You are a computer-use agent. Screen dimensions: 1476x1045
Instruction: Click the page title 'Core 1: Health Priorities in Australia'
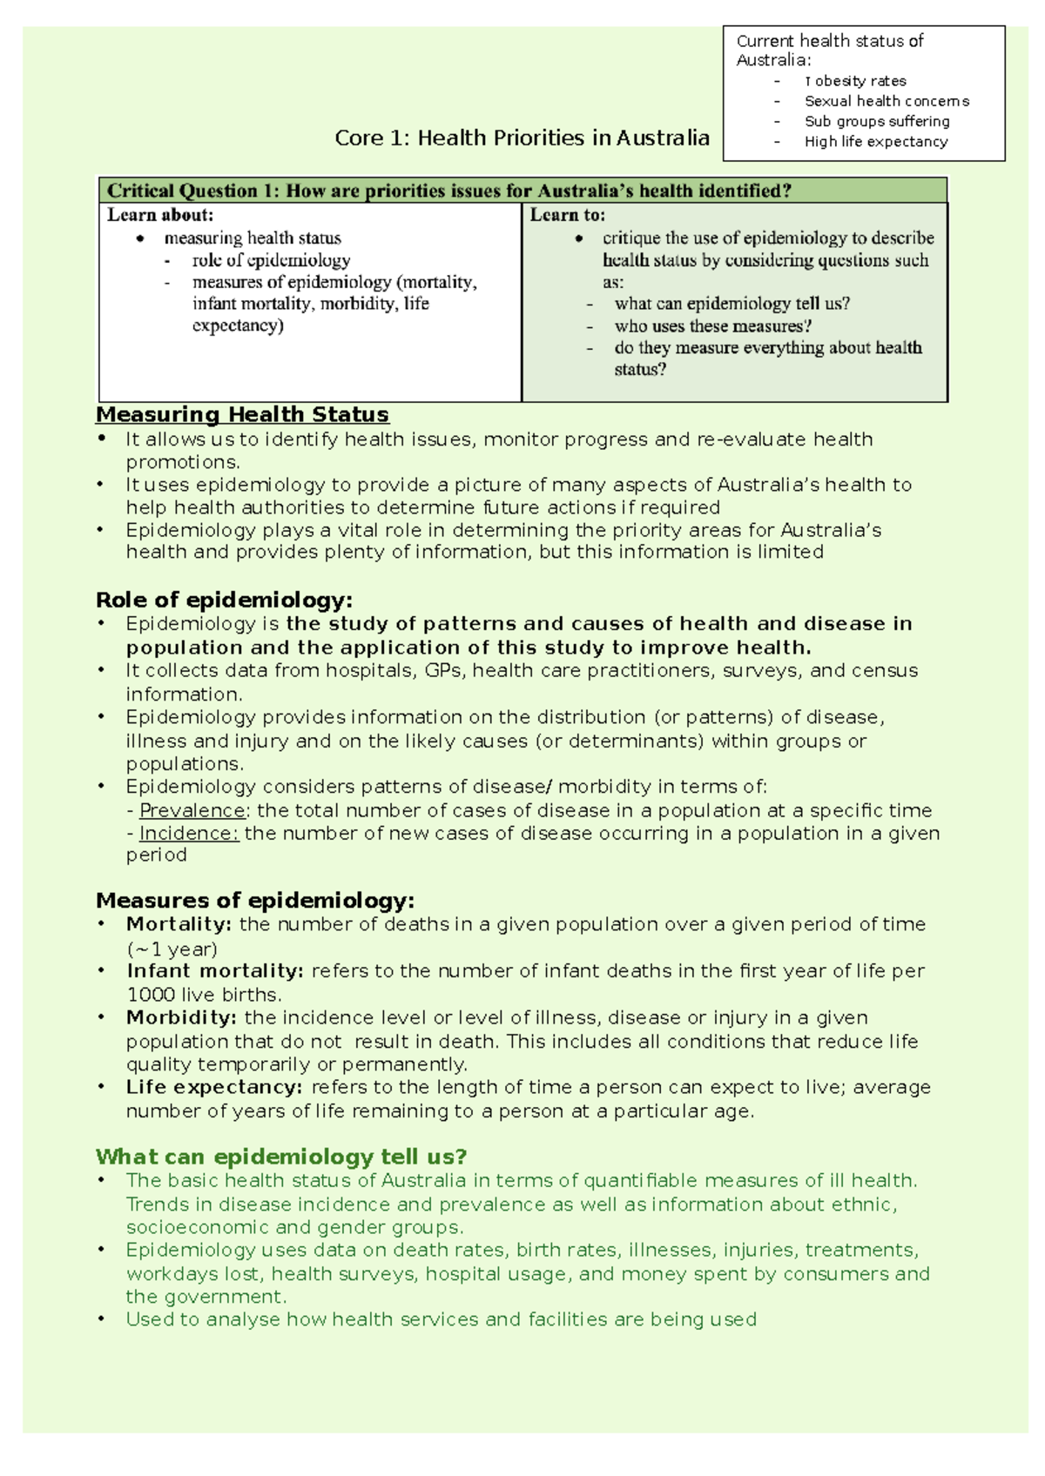pos(522,138)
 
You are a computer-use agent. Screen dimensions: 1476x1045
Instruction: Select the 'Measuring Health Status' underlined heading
pos(242,414)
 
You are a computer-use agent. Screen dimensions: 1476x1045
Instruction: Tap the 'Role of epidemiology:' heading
pos(224,600)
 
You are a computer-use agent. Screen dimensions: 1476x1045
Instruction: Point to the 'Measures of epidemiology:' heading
pos(255,900)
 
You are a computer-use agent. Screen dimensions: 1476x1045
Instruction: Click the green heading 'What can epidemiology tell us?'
pos(281,1157)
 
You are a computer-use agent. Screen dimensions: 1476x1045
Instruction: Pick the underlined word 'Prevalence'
pos(192,810)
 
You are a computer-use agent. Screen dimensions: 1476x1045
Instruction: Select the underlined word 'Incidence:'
pos(189,833)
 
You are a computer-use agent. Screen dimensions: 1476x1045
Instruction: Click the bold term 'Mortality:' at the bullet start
pos(179,924)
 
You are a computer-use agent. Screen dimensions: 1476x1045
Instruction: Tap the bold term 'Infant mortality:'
pos(214,970)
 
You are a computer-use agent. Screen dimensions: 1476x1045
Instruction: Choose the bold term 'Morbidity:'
pos(181,1017)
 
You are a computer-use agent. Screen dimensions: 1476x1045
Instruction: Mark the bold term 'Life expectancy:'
pos(214,1087)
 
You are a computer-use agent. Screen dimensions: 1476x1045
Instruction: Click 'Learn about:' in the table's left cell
pos(160,215)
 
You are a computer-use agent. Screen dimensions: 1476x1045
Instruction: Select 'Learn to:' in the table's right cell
pos(567,215)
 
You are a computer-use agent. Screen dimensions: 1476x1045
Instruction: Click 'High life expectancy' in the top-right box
pos(875,142)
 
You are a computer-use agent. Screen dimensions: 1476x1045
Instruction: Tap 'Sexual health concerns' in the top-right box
pos(886,101)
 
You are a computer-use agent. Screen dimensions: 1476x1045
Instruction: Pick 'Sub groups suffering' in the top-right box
pos(876,122)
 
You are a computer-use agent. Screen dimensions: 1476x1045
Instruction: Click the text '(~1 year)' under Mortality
pos(172,949)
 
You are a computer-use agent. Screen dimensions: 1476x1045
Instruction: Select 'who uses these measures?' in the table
pos(713,326)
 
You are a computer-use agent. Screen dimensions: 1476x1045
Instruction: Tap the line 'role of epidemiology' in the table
pos(271,260)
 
